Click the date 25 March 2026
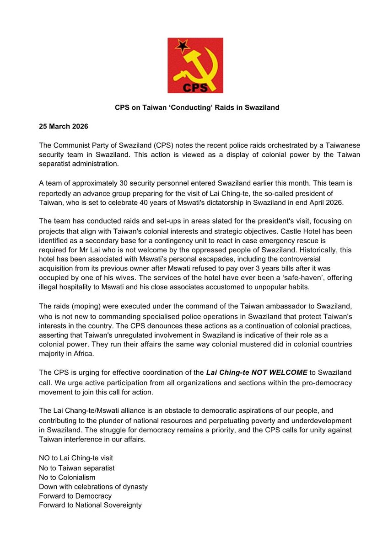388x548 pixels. point(63,126)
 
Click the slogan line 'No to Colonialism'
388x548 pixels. point(67,477)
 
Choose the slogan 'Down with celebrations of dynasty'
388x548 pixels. point(93,486)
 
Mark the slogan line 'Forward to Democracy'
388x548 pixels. point(75,496)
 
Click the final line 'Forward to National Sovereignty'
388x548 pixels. point(90,505)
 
